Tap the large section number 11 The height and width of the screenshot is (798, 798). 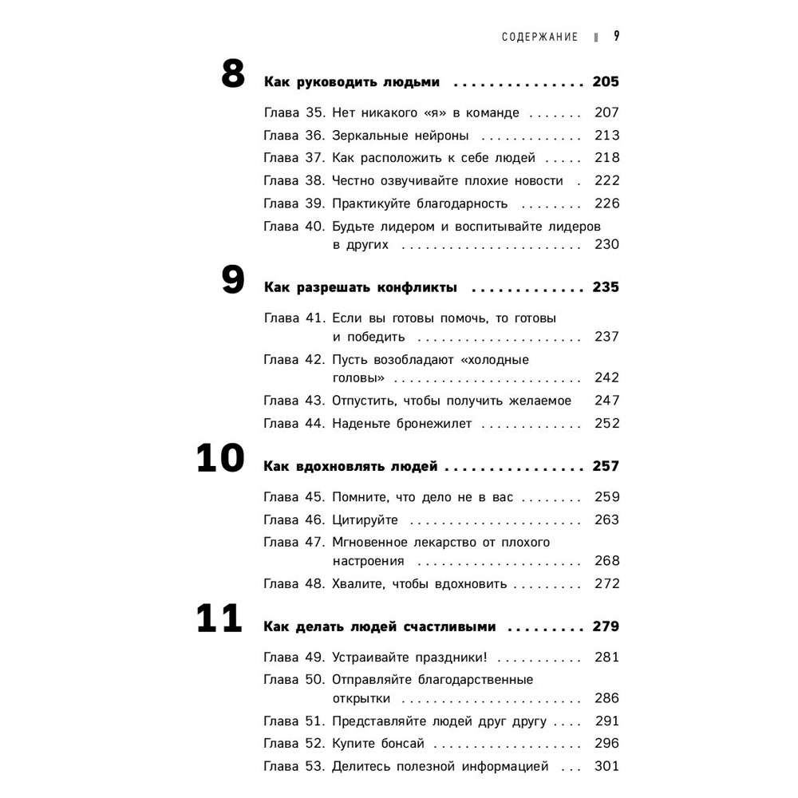click(219, 619)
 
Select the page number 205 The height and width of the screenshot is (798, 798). click(606, 82)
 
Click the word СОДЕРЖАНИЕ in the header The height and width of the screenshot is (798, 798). click(539, 37)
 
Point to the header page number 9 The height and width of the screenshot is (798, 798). click(617, 36)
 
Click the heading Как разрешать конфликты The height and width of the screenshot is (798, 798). click(360, 287)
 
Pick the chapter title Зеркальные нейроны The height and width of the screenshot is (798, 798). click(401, 136)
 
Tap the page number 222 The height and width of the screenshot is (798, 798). click(606, 181)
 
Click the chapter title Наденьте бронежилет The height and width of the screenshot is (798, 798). click(402, 424)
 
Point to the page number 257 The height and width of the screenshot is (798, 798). click(606, 466)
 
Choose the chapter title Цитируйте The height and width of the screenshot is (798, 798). click(365, 520)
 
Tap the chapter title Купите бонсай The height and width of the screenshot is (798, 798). click(378, 744)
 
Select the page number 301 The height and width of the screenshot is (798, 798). click(606, 767)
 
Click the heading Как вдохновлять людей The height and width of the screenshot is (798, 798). click(351, 466)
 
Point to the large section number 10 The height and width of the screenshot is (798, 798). click(220, 459)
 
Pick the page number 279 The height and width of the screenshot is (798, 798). click(606, 626)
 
